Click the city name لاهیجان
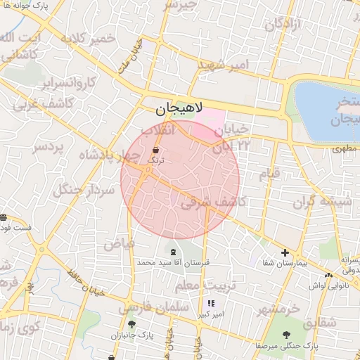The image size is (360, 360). click(x=179, y=109)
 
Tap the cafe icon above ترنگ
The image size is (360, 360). click(x=155, y=150)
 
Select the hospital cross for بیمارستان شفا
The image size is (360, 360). click(x=285, y=252)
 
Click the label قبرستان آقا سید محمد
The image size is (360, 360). click(x=164, y=262)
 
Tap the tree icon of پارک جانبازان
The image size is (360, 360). click(x=131, y=324)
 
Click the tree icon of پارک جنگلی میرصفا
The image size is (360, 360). click(x=286, y=335)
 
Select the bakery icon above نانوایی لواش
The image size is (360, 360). click(x=329, y=275)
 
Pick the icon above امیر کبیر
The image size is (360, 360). click(x=211, y=304)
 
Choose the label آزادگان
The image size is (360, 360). click(x=283, y=24)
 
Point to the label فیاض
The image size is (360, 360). click(x=119, y=244)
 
